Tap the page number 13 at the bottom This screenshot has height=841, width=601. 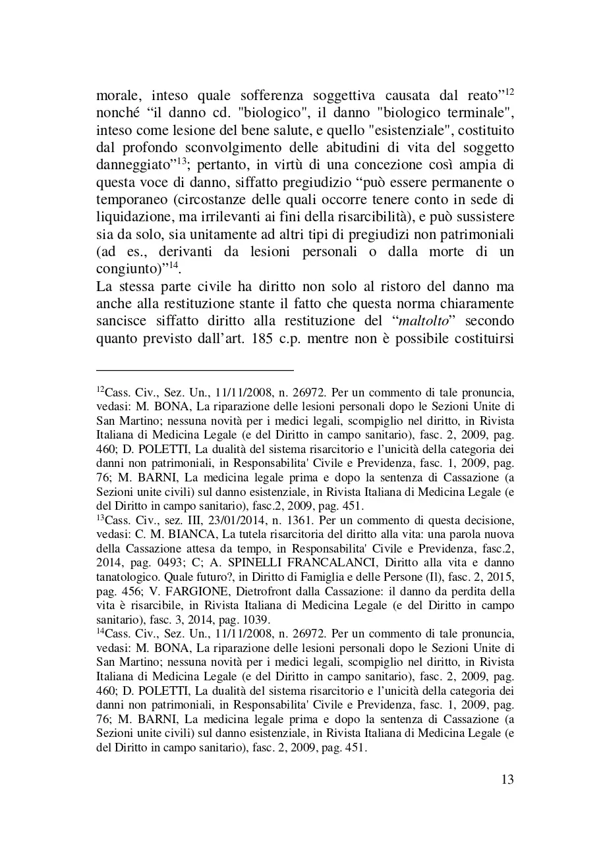click(x=507, y=780)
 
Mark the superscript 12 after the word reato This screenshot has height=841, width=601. click(x=509, y=90)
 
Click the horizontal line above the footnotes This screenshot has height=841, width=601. click(x=194, y=370)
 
